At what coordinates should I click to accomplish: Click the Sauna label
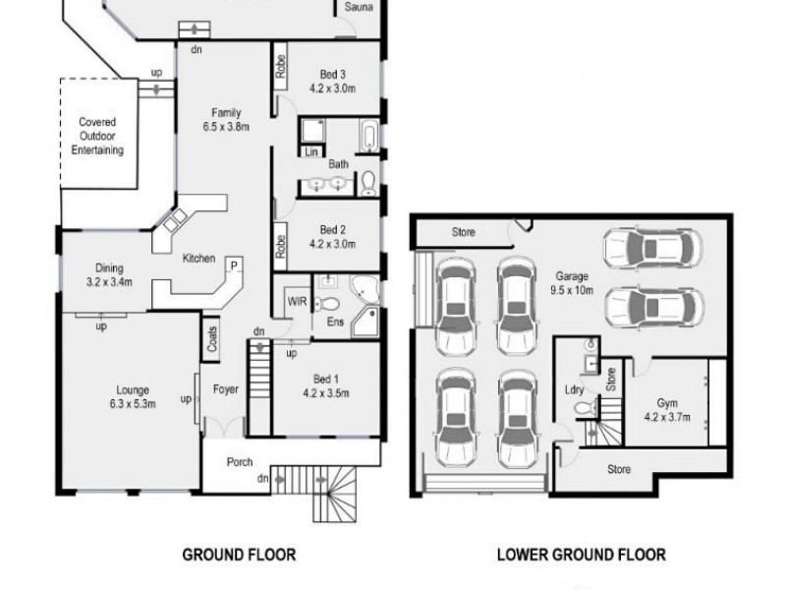[357, 8]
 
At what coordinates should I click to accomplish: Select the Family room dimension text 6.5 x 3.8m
[226, 126]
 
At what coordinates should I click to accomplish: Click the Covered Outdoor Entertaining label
[97, 137]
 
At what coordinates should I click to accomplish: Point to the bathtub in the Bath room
[367, 135]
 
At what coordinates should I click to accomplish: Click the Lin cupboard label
[310, 152]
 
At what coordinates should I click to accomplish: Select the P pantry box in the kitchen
[235, 265]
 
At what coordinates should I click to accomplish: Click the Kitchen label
[198, 259]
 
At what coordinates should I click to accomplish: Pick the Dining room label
[109, 267]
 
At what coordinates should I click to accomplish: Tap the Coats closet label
[212, 338]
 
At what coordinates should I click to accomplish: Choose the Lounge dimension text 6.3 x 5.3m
[133, 402]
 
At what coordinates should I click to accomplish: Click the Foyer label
[226, 389]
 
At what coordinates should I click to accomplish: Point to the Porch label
[240, 461]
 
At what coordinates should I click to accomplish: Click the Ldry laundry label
[575, 389]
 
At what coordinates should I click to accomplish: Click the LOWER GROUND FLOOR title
[580, 555]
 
